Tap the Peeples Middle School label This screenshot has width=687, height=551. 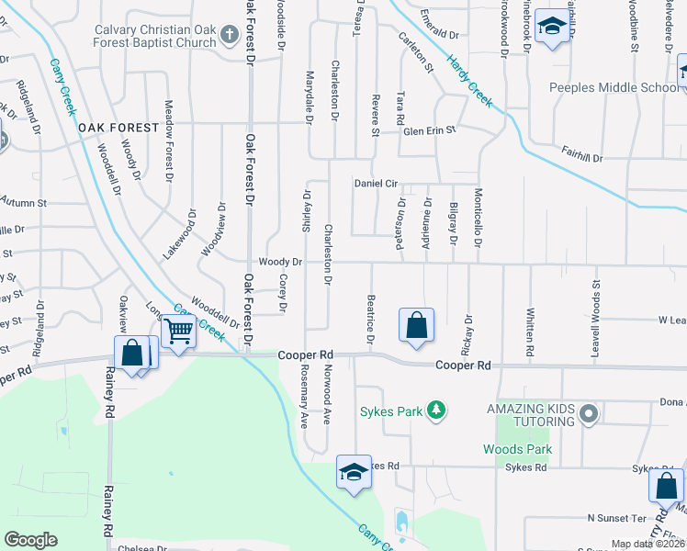[x=613, y=88]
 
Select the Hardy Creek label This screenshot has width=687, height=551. [x=469, y=80]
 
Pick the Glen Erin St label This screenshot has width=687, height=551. [x=430, y=131]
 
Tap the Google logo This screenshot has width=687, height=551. [x=30, y=540]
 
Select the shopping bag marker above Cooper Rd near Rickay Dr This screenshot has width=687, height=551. [x=416, y=326]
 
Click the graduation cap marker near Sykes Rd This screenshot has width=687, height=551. [x=354, y=473]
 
